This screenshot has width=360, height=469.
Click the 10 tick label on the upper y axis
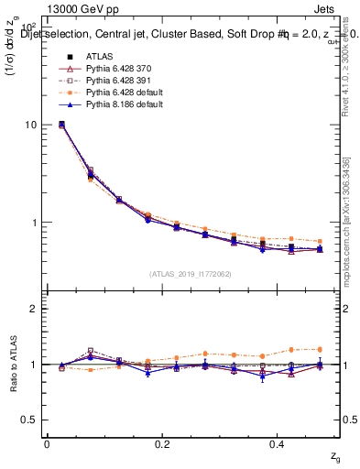31,125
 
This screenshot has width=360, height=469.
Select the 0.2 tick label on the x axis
162,444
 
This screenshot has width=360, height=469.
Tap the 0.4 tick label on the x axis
278,444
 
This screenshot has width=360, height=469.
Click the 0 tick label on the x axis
47,444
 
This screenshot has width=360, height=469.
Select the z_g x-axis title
335,457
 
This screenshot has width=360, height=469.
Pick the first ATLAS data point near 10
61,124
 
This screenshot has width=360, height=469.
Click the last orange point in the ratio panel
320,349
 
